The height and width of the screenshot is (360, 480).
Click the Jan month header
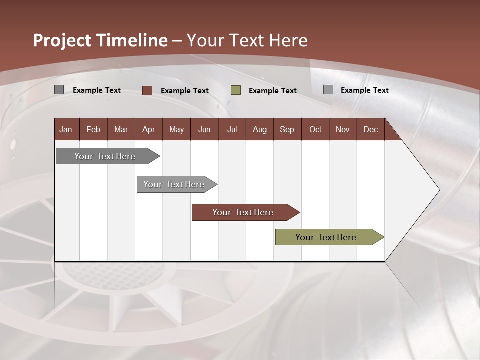pos(66,129)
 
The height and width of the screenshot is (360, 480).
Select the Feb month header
pos(93,129)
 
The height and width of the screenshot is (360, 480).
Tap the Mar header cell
pos(121,129)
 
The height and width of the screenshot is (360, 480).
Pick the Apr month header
pos(149,129)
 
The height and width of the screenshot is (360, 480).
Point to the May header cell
pos(176,129)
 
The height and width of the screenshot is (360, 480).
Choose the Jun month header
pos(204,129)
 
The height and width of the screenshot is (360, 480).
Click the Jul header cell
pos(232,129)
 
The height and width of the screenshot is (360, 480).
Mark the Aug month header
pos(260,129)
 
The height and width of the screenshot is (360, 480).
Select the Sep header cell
pos(287,129)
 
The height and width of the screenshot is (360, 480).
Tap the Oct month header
pos(315,129)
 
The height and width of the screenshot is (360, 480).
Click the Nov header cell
pos(343,129)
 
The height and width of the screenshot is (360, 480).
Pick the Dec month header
pos(371,129)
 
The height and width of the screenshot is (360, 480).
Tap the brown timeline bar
pos(243,212)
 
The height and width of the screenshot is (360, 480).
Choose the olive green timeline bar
pos(326,237)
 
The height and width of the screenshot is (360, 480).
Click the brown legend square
pos(147,90)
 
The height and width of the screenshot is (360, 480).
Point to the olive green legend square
pos(236,90)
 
